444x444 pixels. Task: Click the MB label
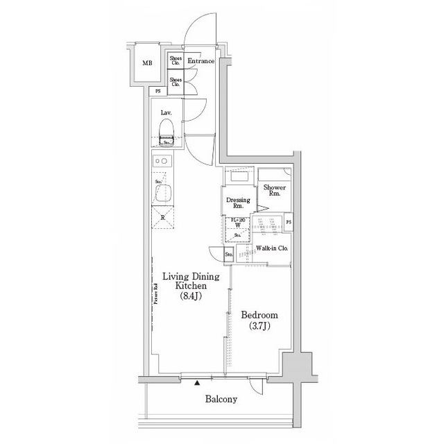click(147, 64)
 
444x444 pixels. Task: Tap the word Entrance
click(201, 61)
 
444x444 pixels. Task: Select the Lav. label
click(166, 112)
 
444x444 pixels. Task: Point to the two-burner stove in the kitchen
click(162, 162)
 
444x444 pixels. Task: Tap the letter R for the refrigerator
click(162, 217)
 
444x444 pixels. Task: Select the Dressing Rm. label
click(238, 203)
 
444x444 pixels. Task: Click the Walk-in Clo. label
click(272, 248)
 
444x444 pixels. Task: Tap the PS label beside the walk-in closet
click(289, 223)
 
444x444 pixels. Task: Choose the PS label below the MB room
click(157, 91)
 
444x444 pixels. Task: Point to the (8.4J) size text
click(191, 297)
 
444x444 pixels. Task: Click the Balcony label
click(221, 399)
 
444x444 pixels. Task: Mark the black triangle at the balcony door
click(198, 382)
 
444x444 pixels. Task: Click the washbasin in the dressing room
click(240, 178)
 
